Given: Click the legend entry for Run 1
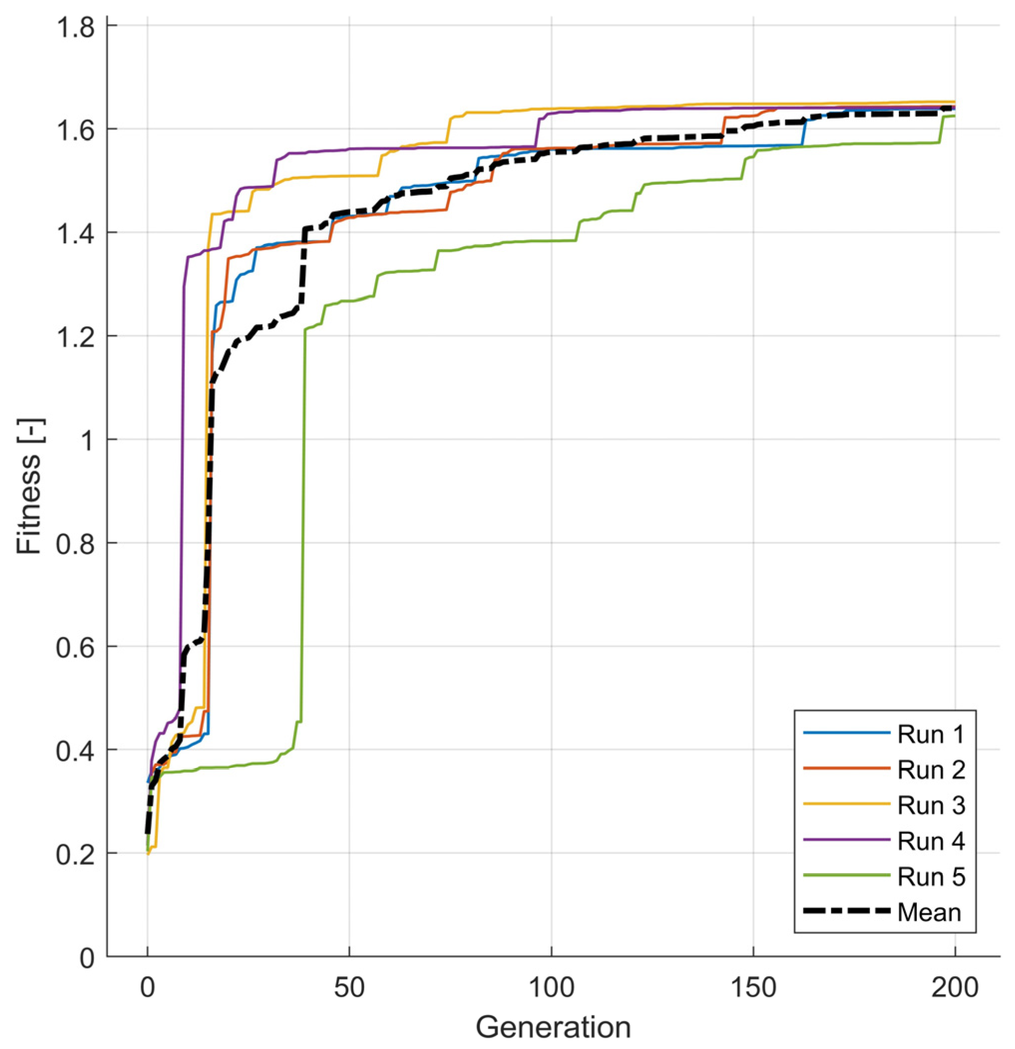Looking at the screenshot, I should pos(930,734).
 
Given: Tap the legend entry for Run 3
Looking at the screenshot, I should pos(930,805).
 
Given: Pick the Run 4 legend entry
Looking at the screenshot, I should pos(930,841).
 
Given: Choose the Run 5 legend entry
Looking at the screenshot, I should pos(930,877).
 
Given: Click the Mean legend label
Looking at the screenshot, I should pos(929,912).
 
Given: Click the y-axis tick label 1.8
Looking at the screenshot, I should pos(75,27).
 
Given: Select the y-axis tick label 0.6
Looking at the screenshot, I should pos(75,647).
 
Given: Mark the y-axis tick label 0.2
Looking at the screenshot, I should pos(75,854).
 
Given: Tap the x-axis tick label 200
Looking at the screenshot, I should pos(955,987).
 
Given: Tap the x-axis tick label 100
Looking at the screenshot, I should pos(551,987).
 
